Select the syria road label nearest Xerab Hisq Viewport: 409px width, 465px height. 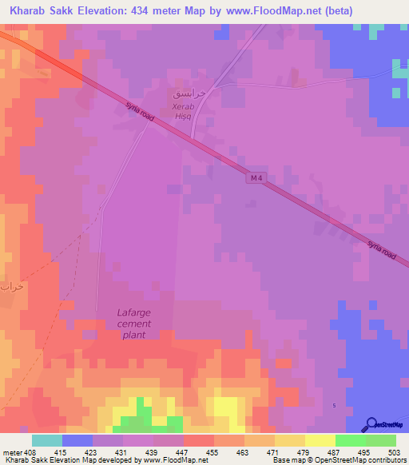tap(139, 110)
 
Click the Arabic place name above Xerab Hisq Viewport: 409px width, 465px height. tap(189, 93)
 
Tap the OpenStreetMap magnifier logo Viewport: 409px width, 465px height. tap(370, 424)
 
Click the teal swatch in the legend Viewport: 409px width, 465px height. tap(47, 440)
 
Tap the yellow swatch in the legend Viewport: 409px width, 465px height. tap(320, 440)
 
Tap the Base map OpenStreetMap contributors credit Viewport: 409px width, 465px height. tap(338, 461)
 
